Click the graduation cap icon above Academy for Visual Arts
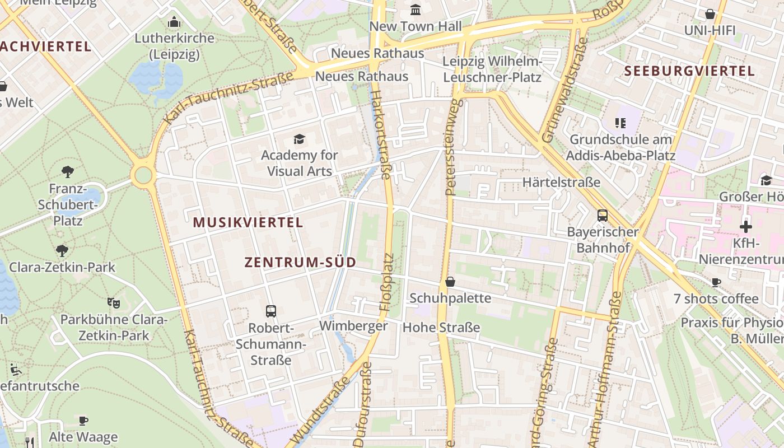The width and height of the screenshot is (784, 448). coord(300,139)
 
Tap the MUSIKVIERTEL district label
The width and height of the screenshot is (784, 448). coord(248,222)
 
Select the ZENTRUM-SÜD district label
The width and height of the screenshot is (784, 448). coord(300,263)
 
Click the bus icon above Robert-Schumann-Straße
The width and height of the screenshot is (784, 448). coord(271,311)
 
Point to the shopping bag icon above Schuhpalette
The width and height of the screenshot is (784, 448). coord(450,282)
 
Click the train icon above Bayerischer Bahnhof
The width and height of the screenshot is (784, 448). coord(603,215)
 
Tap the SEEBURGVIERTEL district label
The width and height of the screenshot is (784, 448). coord(689,71)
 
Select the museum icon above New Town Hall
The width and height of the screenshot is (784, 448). coord(416,10)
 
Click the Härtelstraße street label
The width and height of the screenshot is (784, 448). coord(561,182)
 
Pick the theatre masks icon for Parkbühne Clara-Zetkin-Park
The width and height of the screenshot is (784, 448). coord(114,303)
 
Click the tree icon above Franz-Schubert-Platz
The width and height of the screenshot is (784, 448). coord(68,171)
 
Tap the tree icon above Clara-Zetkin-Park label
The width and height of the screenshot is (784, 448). coord(62,251)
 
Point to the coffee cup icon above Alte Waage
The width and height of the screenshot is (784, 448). coord(83,420)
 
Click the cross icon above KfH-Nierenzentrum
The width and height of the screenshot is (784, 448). coord(745,227)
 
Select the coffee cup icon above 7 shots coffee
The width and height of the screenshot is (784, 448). coord(716,282)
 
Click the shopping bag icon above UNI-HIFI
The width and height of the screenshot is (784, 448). coord(710,14)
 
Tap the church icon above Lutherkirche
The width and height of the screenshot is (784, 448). coord(174,22)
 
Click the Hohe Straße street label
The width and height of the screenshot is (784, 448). coord(441,327)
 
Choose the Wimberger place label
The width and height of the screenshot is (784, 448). coord(353,326)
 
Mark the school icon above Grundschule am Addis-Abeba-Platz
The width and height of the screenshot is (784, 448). coord(620,122)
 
